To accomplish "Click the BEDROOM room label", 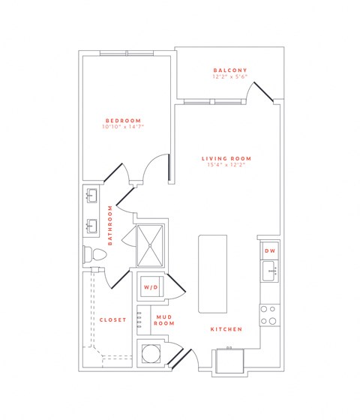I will (x=124, y=121).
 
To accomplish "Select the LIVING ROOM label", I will (x=226, y=158).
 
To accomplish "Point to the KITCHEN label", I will (x=224, y=329).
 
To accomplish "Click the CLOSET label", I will (x=112, y=319).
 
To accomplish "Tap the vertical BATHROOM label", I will (x=110, y=225).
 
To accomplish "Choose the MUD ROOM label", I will (x=164, y=320).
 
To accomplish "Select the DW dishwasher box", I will (x=269, y=250).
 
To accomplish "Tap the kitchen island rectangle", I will (x=211, y=273).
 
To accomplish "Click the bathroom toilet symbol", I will (x=93, y=255).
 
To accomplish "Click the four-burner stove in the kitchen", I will (x=268, y=314).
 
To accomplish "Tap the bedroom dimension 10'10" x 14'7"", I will (x=124, y=127).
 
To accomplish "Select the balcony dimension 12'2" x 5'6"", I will (x=229, y=77).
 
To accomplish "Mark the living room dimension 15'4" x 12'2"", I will (x=226, y=165).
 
